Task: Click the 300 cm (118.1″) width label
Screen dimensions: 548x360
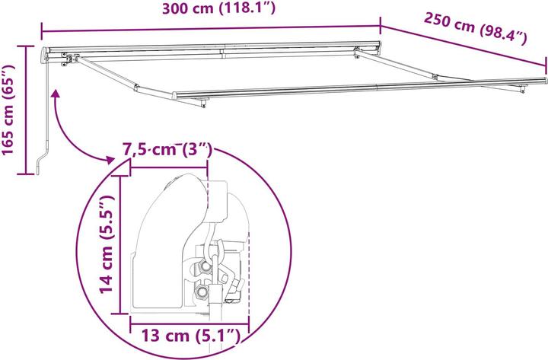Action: (219, 8)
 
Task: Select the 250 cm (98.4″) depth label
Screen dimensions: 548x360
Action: (475, 28)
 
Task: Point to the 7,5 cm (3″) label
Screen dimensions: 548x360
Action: (167, 150)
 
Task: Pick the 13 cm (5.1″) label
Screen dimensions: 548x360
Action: (190, 336)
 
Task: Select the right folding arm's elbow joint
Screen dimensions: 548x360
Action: (435, 77)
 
